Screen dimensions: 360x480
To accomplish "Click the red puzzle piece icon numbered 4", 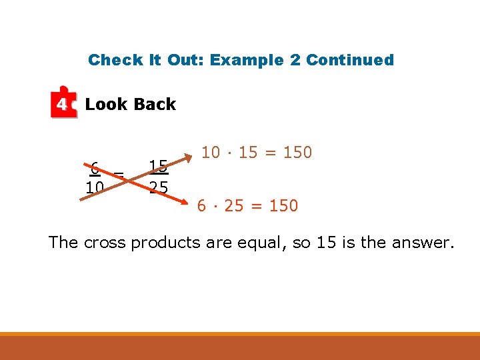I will [63, 103].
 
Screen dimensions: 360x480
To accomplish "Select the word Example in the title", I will [247, 60].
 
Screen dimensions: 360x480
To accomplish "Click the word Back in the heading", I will [154, 104].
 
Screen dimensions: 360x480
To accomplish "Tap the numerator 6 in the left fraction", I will [95, 167].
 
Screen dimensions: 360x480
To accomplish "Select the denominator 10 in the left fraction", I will [94, 187].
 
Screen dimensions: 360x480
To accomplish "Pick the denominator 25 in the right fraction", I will [158, 187].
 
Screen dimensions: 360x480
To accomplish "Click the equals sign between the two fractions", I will [119, 175].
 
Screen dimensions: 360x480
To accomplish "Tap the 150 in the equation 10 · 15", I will [297, 153].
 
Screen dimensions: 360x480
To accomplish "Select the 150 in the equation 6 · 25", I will [283, 206].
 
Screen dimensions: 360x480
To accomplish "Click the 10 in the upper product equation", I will [211, 153].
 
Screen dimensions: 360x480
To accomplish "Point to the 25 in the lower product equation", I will [234, 206].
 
